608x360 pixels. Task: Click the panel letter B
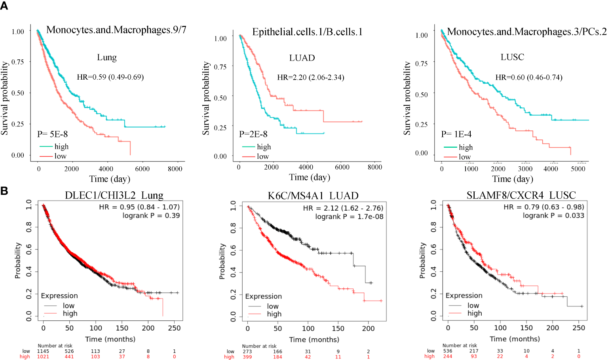(4, 191)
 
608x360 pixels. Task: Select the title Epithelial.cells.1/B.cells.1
(307, 32)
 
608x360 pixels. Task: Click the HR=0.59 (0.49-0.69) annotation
(110, 77)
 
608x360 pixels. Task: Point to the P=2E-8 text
(253, 134)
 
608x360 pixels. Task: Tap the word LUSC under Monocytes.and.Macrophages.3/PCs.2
(512, 57)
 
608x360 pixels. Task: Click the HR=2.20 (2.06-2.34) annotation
(310, 77)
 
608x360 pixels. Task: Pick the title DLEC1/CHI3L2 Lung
(114, 196)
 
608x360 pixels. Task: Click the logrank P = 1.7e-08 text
(349, 217)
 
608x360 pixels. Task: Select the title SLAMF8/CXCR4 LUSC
(521, 195)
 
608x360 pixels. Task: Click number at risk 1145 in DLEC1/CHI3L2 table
(43, 351)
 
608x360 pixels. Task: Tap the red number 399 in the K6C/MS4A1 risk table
(247, 357)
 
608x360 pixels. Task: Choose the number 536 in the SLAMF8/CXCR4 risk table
(448, 351)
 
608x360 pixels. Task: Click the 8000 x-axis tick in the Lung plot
(175, 169)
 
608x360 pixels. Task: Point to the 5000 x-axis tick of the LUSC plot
(578, 169)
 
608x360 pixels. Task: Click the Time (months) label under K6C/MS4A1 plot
(314, 339)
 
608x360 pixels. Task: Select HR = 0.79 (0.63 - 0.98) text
(543, 207)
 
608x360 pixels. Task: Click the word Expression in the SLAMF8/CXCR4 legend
(464, 295)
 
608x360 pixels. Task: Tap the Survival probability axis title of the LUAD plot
(206, 98)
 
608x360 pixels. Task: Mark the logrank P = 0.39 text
(151, 215)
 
